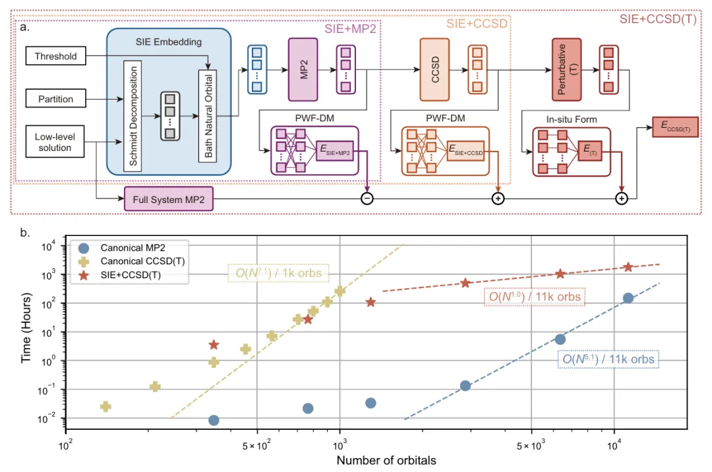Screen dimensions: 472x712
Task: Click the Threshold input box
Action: (56, 57)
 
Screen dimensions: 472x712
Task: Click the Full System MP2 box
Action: (169, 199)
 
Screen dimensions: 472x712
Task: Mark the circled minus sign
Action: (367, 199)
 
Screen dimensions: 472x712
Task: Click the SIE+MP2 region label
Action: (351, 29)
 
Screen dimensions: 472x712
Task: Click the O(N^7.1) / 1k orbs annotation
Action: (278, 272)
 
